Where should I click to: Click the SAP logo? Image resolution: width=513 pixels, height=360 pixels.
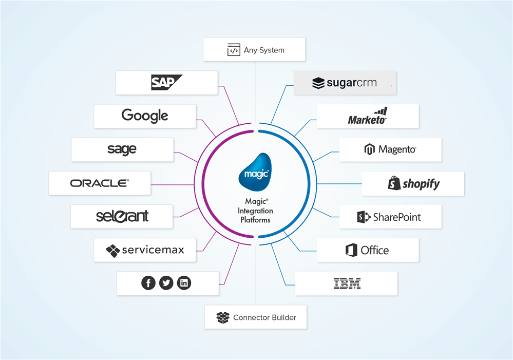(166, 82)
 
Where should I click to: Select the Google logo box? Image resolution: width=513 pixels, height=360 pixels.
(145, 116)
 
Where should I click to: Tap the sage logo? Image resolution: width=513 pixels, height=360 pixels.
(122, 149)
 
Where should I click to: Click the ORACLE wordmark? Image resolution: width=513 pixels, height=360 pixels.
(100, 183)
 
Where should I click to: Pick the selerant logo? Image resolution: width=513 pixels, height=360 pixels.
(122, 216)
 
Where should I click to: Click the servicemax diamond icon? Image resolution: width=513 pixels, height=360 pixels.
(112, 251)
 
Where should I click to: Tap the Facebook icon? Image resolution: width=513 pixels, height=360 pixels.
(148, 283)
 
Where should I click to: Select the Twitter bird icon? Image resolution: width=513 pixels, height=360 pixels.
(166, 283)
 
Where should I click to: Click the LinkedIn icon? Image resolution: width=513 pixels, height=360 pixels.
(184, 283)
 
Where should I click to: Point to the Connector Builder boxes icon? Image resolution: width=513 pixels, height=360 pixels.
(222, 317)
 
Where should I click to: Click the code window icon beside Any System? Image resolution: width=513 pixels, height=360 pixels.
(234, 50)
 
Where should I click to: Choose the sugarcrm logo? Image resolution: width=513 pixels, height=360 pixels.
(345, 83)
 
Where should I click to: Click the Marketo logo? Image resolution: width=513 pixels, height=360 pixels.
(368, 117)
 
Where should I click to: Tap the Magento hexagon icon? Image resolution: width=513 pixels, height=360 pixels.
(369, 150)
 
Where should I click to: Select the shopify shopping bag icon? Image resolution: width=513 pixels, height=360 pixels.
(394, 183)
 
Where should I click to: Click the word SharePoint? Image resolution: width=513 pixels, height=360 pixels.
(397, 217)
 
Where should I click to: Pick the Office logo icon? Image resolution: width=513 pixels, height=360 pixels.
(351, 251)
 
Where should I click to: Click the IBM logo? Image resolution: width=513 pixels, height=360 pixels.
(347, 283)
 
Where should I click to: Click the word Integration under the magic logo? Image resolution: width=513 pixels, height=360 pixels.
(255, 211)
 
